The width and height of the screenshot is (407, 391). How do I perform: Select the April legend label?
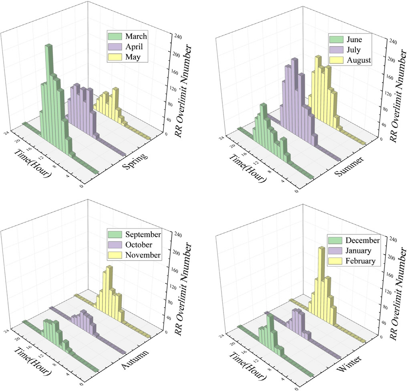coord(125,47)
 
